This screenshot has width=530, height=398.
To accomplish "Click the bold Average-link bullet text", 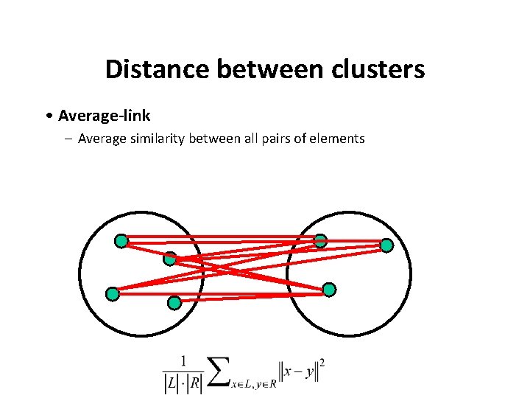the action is click(x=104, y=116).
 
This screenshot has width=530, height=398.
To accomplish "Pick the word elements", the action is click(x=339, y=138).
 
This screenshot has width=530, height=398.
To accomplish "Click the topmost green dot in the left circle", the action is click(x=121, y=241).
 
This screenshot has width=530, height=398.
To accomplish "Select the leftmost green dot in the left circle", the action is click(x=112, y=294).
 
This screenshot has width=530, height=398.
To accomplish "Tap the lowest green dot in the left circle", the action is click(x=174, y=302).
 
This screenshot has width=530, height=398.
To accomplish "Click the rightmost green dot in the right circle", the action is click(x=386, y=245).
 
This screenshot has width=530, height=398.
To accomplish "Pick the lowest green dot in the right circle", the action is click(x=329, y=289).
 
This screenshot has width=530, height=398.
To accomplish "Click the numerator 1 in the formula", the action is click(x=183, y=361).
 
